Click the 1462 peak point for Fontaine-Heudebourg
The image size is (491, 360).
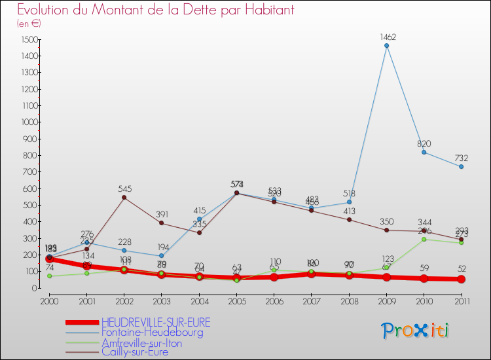click(386, 46)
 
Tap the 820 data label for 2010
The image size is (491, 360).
click(424, 143)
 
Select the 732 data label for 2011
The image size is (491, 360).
click(462, 158)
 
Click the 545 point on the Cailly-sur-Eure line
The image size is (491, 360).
click(124, 197)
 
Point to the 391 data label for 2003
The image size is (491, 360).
click(162, 214)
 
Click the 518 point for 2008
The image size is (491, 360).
click(349, 202)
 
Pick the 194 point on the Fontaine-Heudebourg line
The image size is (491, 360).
click(162, 256)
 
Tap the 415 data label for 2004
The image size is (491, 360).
click(199, 210)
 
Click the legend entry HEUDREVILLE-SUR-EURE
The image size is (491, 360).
click(156, 323)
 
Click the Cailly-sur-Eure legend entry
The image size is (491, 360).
click(134, 352)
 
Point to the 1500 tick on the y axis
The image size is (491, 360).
click(27, 40)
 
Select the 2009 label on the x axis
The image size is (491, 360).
click(386, 300)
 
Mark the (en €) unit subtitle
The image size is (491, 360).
click(29, 23)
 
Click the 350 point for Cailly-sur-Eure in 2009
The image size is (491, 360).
click(386, 230)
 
